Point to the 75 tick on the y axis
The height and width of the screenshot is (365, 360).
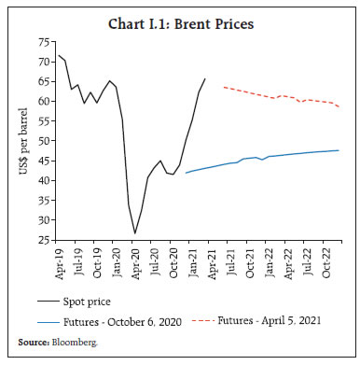click(x=42, y=42)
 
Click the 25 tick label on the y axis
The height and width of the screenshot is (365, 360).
click(x=42, y=240)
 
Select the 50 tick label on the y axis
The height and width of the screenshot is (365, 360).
click(x=42, y=141)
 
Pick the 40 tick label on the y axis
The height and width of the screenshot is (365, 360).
click(x=42, y=180)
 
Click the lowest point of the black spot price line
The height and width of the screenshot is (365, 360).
click(x=135, y=233)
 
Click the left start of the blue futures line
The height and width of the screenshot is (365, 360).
click(x=186, y=173)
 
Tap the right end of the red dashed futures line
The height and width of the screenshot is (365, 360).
click(x=340, y=106)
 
